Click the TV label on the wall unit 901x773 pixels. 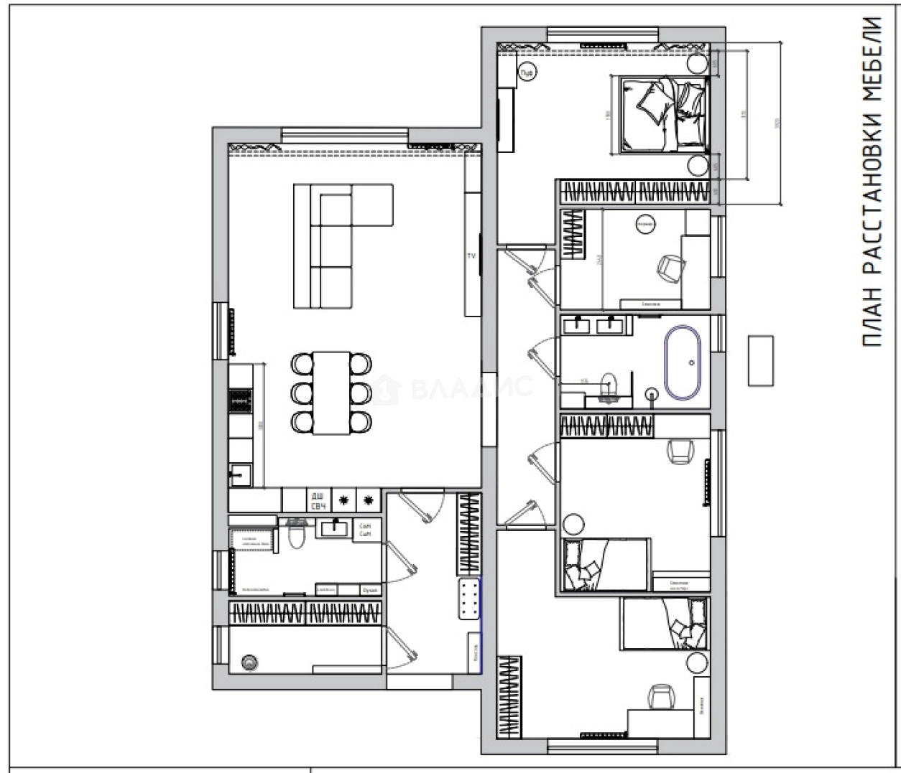click(x=472, y=256)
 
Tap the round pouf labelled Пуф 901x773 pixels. click(x=527, y=71)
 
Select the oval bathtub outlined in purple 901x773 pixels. click(x=683, y=363)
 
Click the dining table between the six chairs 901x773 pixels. click(x=331, y=392)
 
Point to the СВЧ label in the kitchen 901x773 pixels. click(x=317, y=507)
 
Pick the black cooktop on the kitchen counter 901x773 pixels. click(x=240, y=402)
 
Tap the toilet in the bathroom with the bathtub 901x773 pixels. click(x=609, y=385)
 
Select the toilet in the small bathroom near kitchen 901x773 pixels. click(x=296, y=535)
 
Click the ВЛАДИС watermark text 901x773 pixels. click(x=471, y=388)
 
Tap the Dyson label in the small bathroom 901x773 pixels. click(x=369, y=590)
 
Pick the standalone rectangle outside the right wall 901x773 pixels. click(x=761, y=360)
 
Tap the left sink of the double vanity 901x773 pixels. click(x=577, y=326)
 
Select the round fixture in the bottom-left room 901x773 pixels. click(x=249, y=663)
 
